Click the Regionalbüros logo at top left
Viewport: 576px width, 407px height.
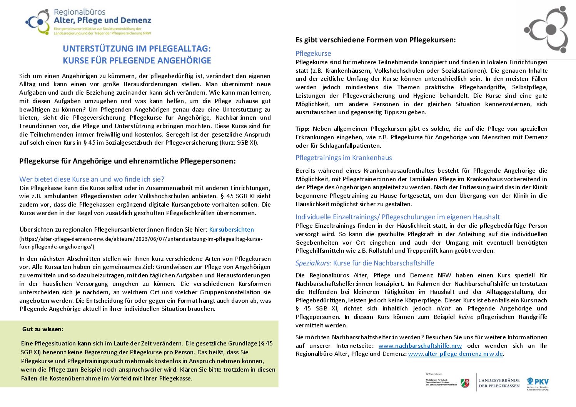click(x=88, y=22)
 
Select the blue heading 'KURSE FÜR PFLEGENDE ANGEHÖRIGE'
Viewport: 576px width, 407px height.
click(x=137, y=60)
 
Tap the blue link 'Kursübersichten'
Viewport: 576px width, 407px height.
click(x=231, y=230)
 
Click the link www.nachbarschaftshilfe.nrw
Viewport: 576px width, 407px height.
click(x=420, y=346)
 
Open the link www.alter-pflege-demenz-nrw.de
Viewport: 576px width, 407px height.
click(x=455, y=354)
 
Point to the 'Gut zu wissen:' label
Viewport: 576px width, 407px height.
click(x=43, y=329)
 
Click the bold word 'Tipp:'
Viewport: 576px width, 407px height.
click(x=302, y=129)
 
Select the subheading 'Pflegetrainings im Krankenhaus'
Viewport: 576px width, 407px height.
click(x=344, y=158)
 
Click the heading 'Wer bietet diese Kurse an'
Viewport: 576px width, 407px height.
click(x=92, y=179)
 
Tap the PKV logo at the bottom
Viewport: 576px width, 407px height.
click(x=538, y=384)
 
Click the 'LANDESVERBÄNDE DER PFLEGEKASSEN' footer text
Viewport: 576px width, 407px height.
click(x=499, y=383)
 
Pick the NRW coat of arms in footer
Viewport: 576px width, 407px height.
click(x=465, y=383)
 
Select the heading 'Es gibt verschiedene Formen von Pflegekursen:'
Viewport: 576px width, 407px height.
click(x=376, y=40)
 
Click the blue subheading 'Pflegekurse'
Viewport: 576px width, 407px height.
click(x=313, y=53)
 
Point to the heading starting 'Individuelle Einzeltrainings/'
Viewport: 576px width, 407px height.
click(x=397, y=217)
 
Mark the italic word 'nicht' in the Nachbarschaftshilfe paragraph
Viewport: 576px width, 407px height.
click(x=443, y=309)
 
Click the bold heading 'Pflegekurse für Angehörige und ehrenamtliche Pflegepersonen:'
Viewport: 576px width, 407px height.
click(x=127, y=161)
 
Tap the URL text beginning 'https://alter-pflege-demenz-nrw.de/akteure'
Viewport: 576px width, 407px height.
click(x=141, y=239)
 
